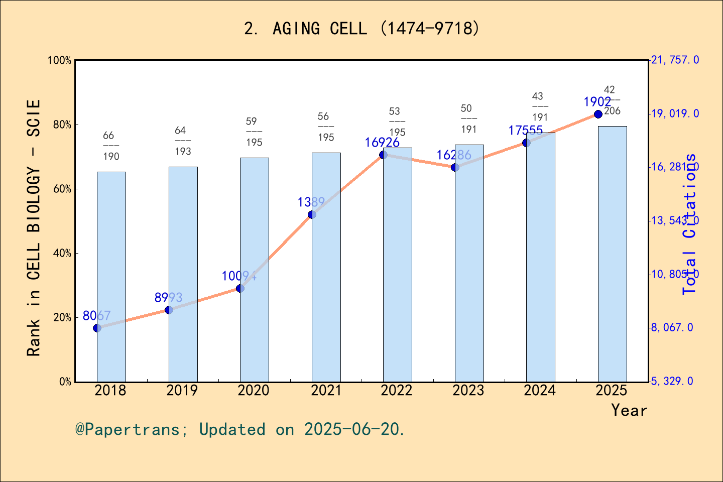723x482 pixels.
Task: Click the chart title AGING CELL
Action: click(361, 29)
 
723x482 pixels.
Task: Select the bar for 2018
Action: click(111, 277)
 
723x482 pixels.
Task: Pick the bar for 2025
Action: click(612, 254)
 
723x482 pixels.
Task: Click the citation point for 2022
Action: click(383, 155)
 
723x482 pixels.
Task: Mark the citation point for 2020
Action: click(240, 288)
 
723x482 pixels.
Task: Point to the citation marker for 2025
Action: click(598, 114)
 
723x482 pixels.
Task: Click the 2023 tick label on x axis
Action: click(468, 391)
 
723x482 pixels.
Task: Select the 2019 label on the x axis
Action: click(182, 391)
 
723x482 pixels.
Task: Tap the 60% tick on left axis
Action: click(62, 189)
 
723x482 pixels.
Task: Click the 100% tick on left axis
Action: click(60, 60)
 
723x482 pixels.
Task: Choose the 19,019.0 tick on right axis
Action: click(674, 114)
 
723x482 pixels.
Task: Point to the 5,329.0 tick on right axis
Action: click(672, 382)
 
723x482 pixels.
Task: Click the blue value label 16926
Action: click(382, 143)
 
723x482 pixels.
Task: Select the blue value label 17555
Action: click(525, 131)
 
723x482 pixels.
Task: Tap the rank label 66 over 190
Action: click(110, 146)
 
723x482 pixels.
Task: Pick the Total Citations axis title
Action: click(690, 224)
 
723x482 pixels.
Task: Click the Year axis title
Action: click(629, 411)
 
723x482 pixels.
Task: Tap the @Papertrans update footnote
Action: click(240, 430)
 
